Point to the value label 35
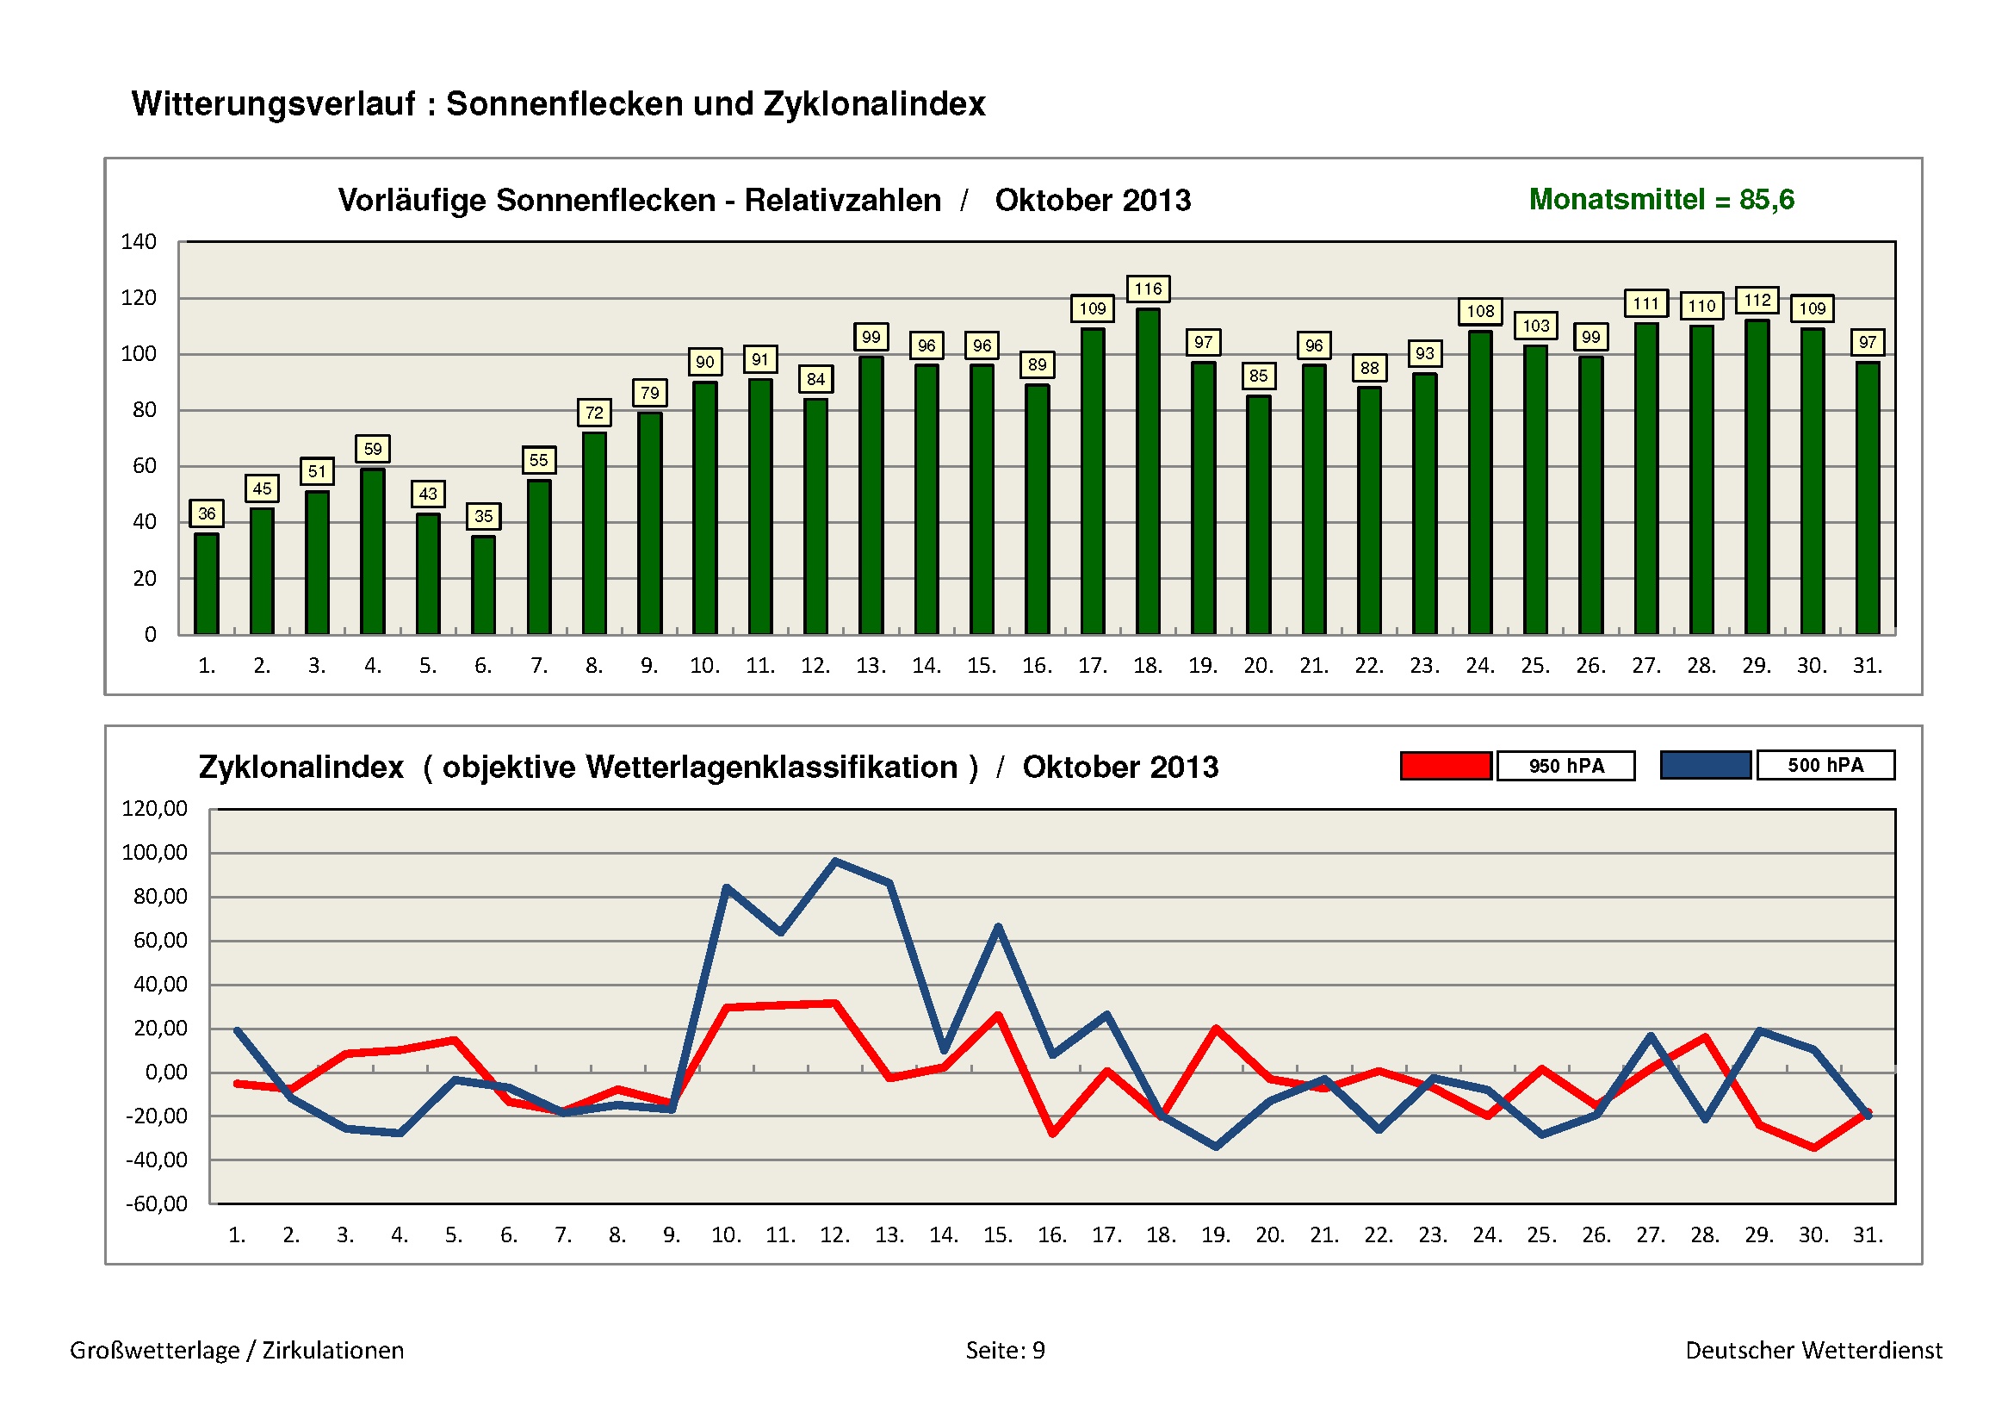click(x=483, y=516)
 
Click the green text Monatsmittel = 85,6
click(x=1660, y=200)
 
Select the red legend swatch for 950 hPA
click(x=1446, y=766)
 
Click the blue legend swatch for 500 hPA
click(x=1705, y=765)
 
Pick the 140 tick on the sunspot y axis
click(x=139, y=242)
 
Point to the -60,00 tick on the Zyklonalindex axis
click(x=156, y=1203)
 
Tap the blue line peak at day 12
click(x=835, y=861)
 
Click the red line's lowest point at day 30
click(x=1813, y=1147)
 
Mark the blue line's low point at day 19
click(x=1216, y=1147)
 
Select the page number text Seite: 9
click(x=1005, y=1350)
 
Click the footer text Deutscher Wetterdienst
click(x=1813, y=1350)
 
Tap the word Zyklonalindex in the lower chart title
click(x=301, y=768)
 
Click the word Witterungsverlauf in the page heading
click(x=274, y=103)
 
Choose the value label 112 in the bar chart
click(x=1757, y=300)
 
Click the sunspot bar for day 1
click(x=206, y=583)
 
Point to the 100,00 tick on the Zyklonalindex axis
click(x=154, y=853)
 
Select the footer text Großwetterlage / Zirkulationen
click(x=237, y=1350)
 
